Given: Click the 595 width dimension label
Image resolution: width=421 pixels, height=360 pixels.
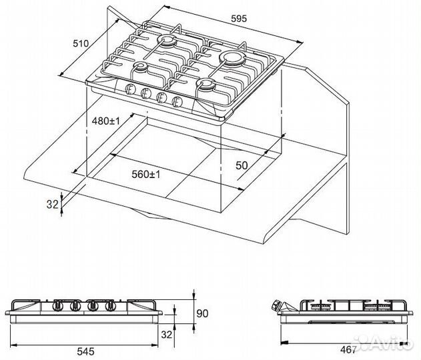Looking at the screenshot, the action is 239,19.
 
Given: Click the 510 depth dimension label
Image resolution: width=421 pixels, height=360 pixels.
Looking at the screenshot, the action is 81,43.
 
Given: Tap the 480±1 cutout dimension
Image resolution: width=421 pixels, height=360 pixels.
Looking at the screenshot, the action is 105,121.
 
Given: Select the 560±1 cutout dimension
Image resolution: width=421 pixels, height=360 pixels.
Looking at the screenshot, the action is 146,175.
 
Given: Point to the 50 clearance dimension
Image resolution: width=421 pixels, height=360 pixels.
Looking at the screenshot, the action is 242,165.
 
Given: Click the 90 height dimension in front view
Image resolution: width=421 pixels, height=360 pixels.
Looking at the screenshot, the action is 202,313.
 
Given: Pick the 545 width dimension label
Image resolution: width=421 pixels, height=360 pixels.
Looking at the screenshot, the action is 85,351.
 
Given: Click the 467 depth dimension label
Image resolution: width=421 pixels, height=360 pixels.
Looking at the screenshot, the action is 348,349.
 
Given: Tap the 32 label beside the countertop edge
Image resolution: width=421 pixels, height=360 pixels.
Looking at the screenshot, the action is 52,205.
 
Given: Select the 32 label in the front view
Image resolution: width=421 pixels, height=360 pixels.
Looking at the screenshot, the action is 167,335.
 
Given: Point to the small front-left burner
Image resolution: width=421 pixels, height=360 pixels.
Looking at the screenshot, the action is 140,66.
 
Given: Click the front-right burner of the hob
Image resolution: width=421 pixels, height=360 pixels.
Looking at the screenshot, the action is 206,85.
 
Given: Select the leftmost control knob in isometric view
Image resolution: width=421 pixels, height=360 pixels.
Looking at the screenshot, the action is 129,88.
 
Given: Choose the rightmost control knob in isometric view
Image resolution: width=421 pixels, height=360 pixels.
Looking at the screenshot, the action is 177,101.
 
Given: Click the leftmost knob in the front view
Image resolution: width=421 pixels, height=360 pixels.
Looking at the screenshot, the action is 58,305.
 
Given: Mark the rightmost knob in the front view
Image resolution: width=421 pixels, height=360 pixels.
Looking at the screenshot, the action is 110,305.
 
